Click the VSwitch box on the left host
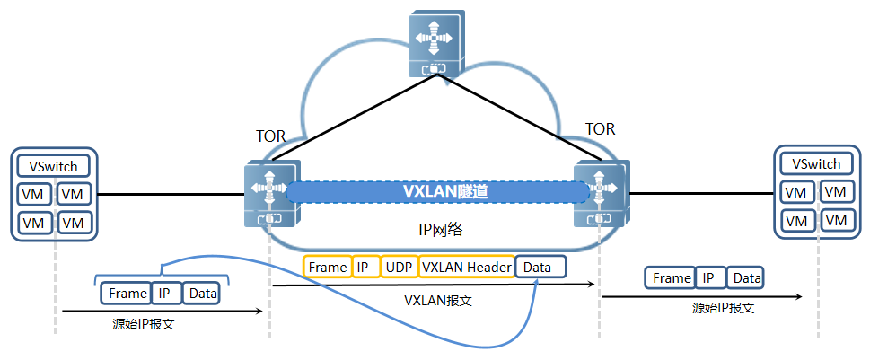pos(54,166)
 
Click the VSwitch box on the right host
pos(816,164)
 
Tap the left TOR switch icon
pos(272,193)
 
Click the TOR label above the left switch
pos(270,136)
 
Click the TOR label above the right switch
pos(601,128)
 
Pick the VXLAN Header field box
pos(466,267)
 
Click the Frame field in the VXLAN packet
pos(328,267)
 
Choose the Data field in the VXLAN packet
pos(540,267)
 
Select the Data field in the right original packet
pos(747,278)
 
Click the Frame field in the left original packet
pos(127,293)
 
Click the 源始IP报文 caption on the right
pos(723,308)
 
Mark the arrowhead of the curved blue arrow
pos(537,283)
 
